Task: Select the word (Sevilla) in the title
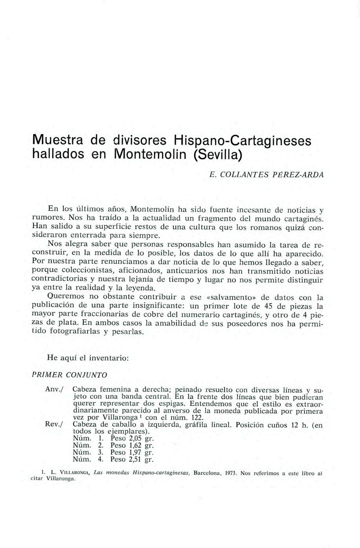click(217, 154)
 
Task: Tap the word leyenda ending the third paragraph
click(137, 289)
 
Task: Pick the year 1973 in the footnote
click(230, 473)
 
